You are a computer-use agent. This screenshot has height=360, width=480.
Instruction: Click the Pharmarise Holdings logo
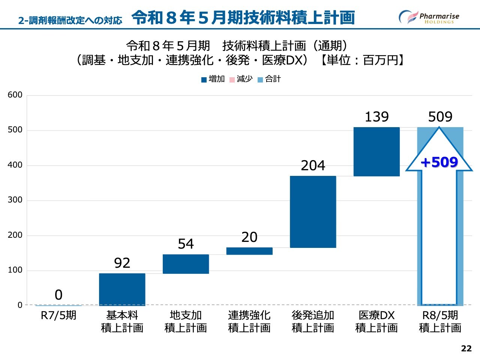click(429, 17)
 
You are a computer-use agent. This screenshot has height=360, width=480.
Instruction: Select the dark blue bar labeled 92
click(122, 289)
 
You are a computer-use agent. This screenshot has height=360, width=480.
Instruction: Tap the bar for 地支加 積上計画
click(186, 264)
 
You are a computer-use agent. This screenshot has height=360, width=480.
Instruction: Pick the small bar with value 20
click(249, 251)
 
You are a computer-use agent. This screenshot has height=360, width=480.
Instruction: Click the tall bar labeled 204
click(313, 211)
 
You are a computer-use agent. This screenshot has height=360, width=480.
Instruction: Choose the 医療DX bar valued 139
click(376, 151)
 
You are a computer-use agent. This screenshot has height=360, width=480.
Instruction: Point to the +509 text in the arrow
click(439, 162)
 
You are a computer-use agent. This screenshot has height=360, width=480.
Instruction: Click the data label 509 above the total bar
click(440, 117)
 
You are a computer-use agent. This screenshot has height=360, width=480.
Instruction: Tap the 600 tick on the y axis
click(15, 95)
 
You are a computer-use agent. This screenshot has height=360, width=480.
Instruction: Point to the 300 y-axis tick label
click(15, 200)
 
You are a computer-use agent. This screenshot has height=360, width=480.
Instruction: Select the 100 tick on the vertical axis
click(15, 270)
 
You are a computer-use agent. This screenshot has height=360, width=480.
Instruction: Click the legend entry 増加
click(213, 79)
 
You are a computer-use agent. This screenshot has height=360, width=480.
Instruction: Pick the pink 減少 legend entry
click(241, 79)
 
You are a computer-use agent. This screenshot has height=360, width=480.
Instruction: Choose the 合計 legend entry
click(269, 79)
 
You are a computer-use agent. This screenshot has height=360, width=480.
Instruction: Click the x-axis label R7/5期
click(58, 315)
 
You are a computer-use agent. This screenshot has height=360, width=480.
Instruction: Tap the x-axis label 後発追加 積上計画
click(313, 321)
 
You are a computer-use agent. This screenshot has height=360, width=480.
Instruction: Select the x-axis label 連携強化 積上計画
click(249, 321)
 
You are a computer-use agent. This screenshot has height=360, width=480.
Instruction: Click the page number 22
click(466, 348)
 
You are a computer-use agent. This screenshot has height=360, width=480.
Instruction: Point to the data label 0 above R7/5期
click(58, 295)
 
